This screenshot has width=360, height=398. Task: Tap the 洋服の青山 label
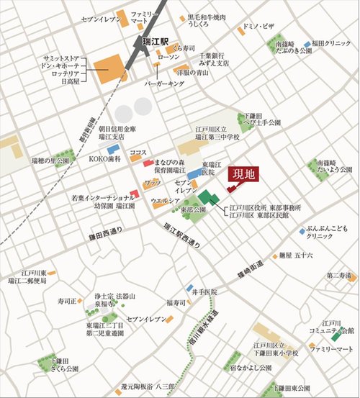click(x=192, y=72)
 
